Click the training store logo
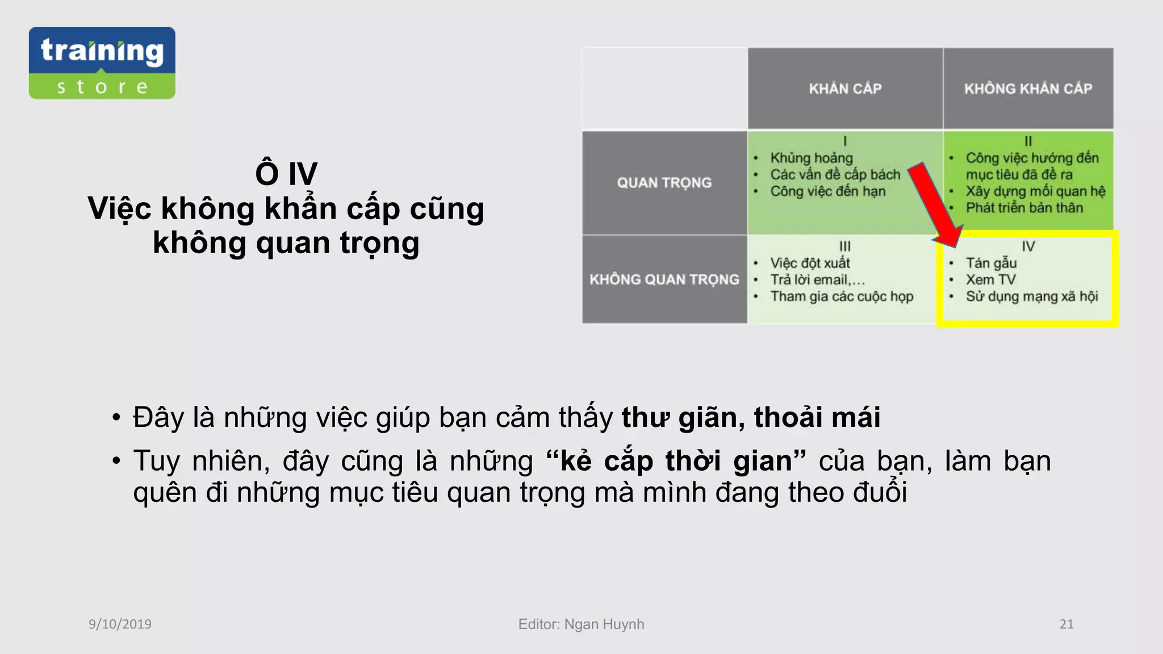[x=102, y=63]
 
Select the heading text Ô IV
[x=286, y=173]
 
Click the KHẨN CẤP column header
[x=845, y=89]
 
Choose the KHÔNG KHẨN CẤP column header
[x=1028, y=89]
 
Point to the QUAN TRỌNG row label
[x=664, y=183]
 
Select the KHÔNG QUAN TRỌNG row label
[x=664, y=279]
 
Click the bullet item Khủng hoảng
[x=811, y=158]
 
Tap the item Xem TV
[x=991, y=279]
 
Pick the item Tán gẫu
[x=992, y=263]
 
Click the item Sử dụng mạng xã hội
[x=1032, y=296]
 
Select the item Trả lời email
[x=817, y=279]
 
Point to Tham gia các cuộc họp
[x=842, y=296]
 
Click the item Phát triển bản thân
[x=1024, y=208]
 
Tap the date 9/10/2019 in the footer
[x=120, y=624]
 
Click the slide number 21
[x=1066, y=624]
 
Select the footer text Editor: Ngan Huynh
[x=581, y=624]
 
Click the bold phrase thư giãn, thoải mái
[x=751, y=417]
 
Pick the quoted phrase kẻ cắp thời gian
[x=676, y=460]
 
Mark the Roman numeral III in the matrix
[x=845, y=246]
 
